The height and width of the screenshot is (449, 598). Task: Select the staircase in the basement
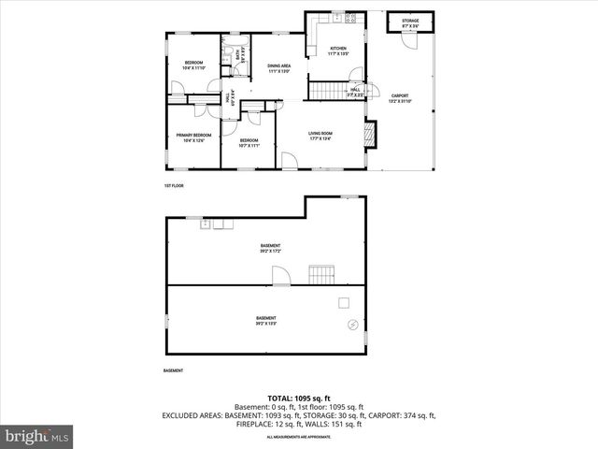tap(320, 274)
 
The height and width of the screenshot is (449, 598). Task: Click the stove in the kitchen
tap(350, 18)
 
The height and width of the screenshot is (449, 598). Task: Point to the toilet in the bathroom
tap(226, 60)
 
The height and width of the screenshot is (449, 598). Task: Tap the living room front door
tap(292, 161)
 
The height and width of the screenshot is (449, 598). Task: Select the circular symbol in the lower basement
tap(352, 325)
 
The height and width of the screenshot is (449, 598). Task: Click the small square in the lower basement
tap(344, 302)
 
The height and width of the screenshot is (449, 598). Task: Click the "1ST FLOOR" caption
tap(174, 186)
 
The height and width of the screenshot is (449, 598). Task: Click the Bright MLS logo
tap(37, 436)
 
